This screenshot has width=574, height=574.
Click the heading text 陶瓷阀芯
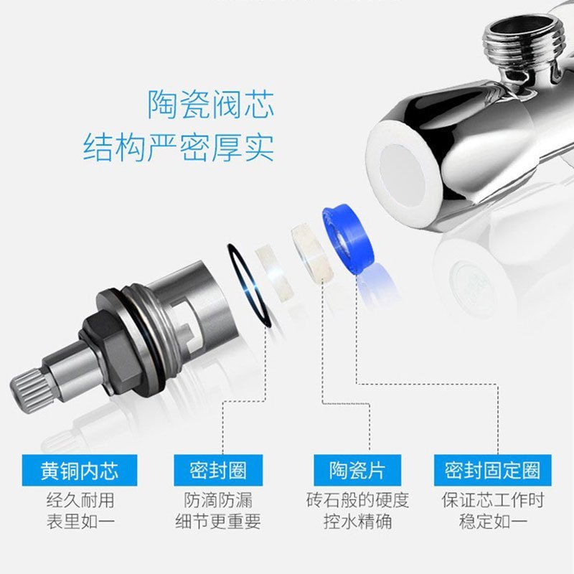[211, 104]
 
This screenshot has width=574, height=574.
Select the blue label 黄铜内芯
[79, 471]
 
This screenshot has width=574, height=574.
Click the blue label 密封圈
[217, 471]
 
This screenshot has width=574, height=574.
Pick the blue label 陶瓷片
[357, 471]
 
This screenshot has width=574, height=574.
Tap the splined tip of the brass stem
[29, 391]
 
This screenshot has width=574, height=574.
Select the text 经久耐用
[80, 500]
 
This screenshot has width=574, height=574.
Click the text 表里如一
[80, 522]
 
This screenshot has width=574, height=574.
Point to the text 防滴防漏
[218, 500]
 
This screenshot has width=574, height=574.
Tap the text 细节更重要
[218, 522]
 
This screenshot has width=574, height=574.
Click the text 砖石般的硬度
[357, 500]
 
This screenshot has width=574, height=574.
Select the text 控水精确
[357, 522]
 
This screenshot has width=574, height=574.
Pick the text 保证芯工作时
[492, 500]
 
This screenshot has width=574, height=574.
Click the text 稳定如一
[492, 522]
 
